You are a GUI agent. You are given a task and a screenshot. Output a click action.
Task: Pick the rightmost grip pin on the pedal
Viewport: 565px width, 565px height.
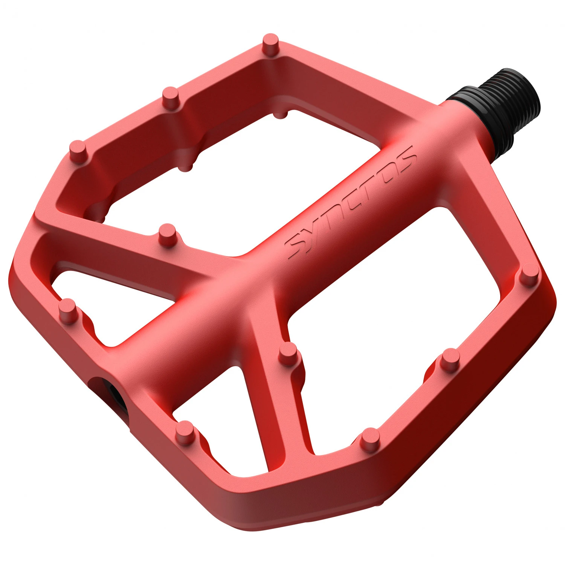(x=529, y=273)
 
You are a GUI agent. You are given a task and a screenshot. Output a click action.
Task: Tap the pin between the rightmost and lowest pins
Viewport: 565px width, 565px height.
(x=450, y=358)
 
